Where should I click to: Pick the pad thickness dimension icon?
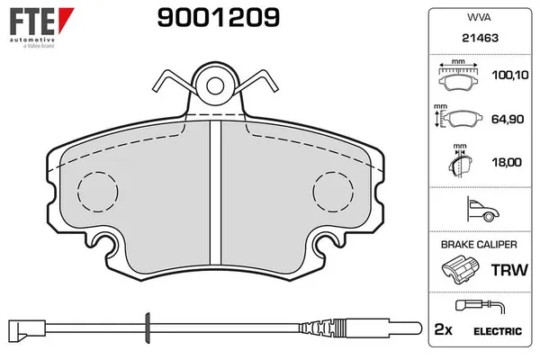459,162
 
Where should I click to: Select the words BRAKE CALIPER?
478,244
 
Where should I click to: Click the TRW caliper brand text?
508,269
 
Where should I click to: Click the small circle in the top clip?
215,86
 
